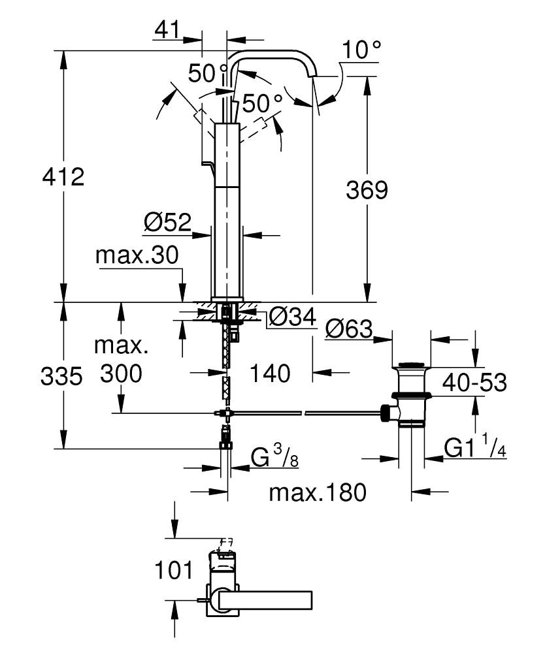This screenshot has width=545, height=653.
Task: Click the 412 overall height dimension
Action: click(x=64, y=176)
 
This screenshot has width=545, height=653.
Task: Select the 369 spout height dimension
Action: click(x=367, y=190)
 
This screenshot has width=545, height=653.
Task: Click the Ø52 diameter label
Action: click(x=167, y=223)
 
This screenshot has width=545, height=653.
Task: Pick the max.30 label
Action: click(x=137, y=255)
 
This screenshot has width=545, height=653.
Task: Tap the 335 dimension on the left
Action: click(x=61, y=377)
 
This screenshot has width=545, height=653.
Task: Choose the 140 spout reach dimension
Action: click(x=270, y=374)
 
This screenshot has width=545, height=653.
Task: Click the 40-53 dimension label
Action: click(x=474, y=383)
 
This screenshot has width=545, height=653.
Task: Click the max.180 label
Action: click(x=318, y=492)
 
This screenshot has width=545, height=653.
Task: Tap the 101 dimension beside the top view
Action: click(x=174, y=570)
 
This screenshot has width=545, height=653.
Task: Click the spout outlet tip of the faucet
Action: click(x=314, y=77)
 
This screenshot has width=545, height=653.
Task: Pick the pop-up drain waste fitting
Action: click(x=410, y=392)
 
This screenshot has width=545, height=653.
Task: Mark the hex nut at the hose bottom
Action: click(x=225, y=445)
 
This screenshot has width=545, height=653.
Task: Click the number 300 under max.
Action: click(x=122, y=374)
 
